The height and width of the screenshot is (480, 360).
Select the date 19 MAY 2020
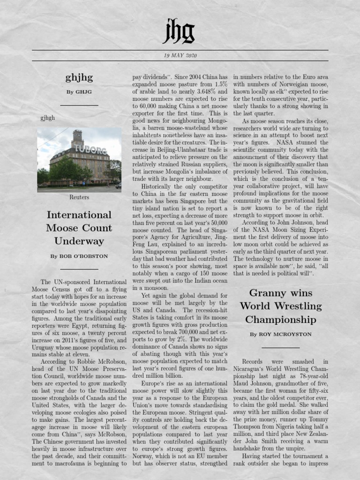[x=180, y=55]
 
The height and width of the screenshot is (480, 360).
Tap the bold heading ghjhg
[x=79, y=77]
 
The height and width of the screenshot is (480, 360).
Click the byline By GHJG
[x=79, y=92]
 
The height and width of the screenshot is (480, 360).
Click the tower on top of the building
[x=77, y=138]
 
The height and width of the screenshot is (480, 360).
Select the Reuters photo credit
[x=79, y=197]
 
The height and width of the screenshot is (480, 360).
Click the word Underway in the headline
[x=79, y=241]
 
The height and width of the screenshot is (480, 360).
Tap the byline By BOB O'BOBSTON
[x=79, y=256]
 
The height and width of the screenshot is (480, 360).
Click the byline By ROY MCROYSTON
[x=280, y=335]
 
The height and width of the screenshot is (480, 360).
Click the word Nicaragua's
[x=252, y=369]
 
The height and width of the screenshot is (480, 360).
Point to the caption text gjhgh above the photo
[x=48, y=118]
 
